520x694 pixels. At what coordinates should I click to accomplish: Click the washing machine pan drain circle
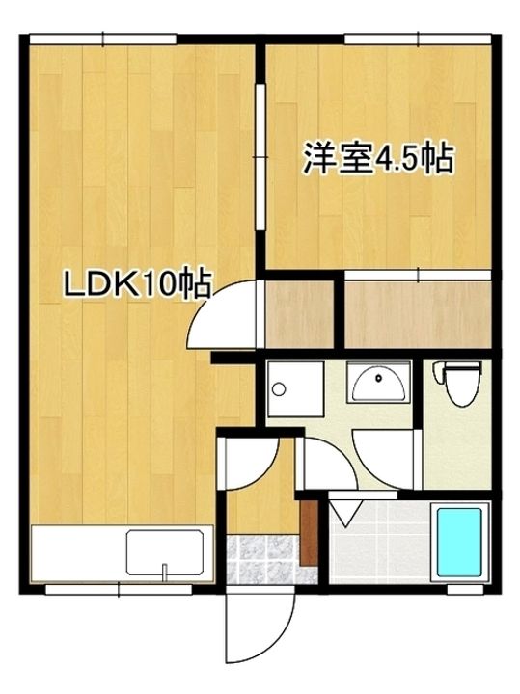(279, 389)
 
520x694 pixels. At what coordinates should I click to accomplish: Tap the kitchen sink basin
(165, 551)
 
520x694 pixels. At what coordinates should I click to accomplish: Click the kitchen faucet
(164, 572)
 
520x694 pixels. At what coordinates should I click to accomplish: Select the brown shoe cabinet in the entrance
(309, 532)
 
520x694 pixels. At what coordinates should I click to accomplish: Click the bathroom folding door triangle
(346, 512)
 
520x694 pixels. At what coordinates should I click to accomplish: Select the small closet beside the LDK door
(299, 314)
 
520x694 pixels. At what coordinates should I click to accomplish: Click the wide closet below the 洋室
(418, 314)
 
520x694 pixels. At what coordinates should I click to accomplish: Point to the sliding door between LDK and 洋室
(260, 157)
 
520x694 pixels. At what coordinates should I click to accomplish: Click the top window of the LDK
(103, 39)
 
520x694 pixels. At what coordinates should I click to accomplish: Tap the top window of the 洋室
(418, 39)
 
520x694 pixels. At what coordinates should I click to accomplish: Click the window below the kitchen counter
(119, 590)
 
